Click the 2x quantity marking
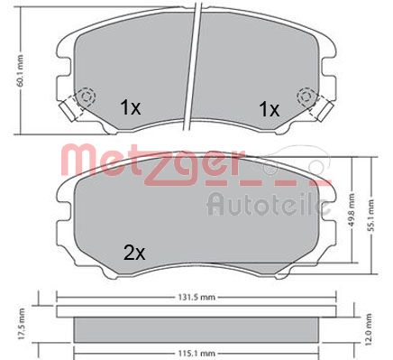pos(134,254)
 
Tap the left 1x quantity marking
pos(130,107)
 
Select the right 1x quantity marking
pos(269,109)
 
